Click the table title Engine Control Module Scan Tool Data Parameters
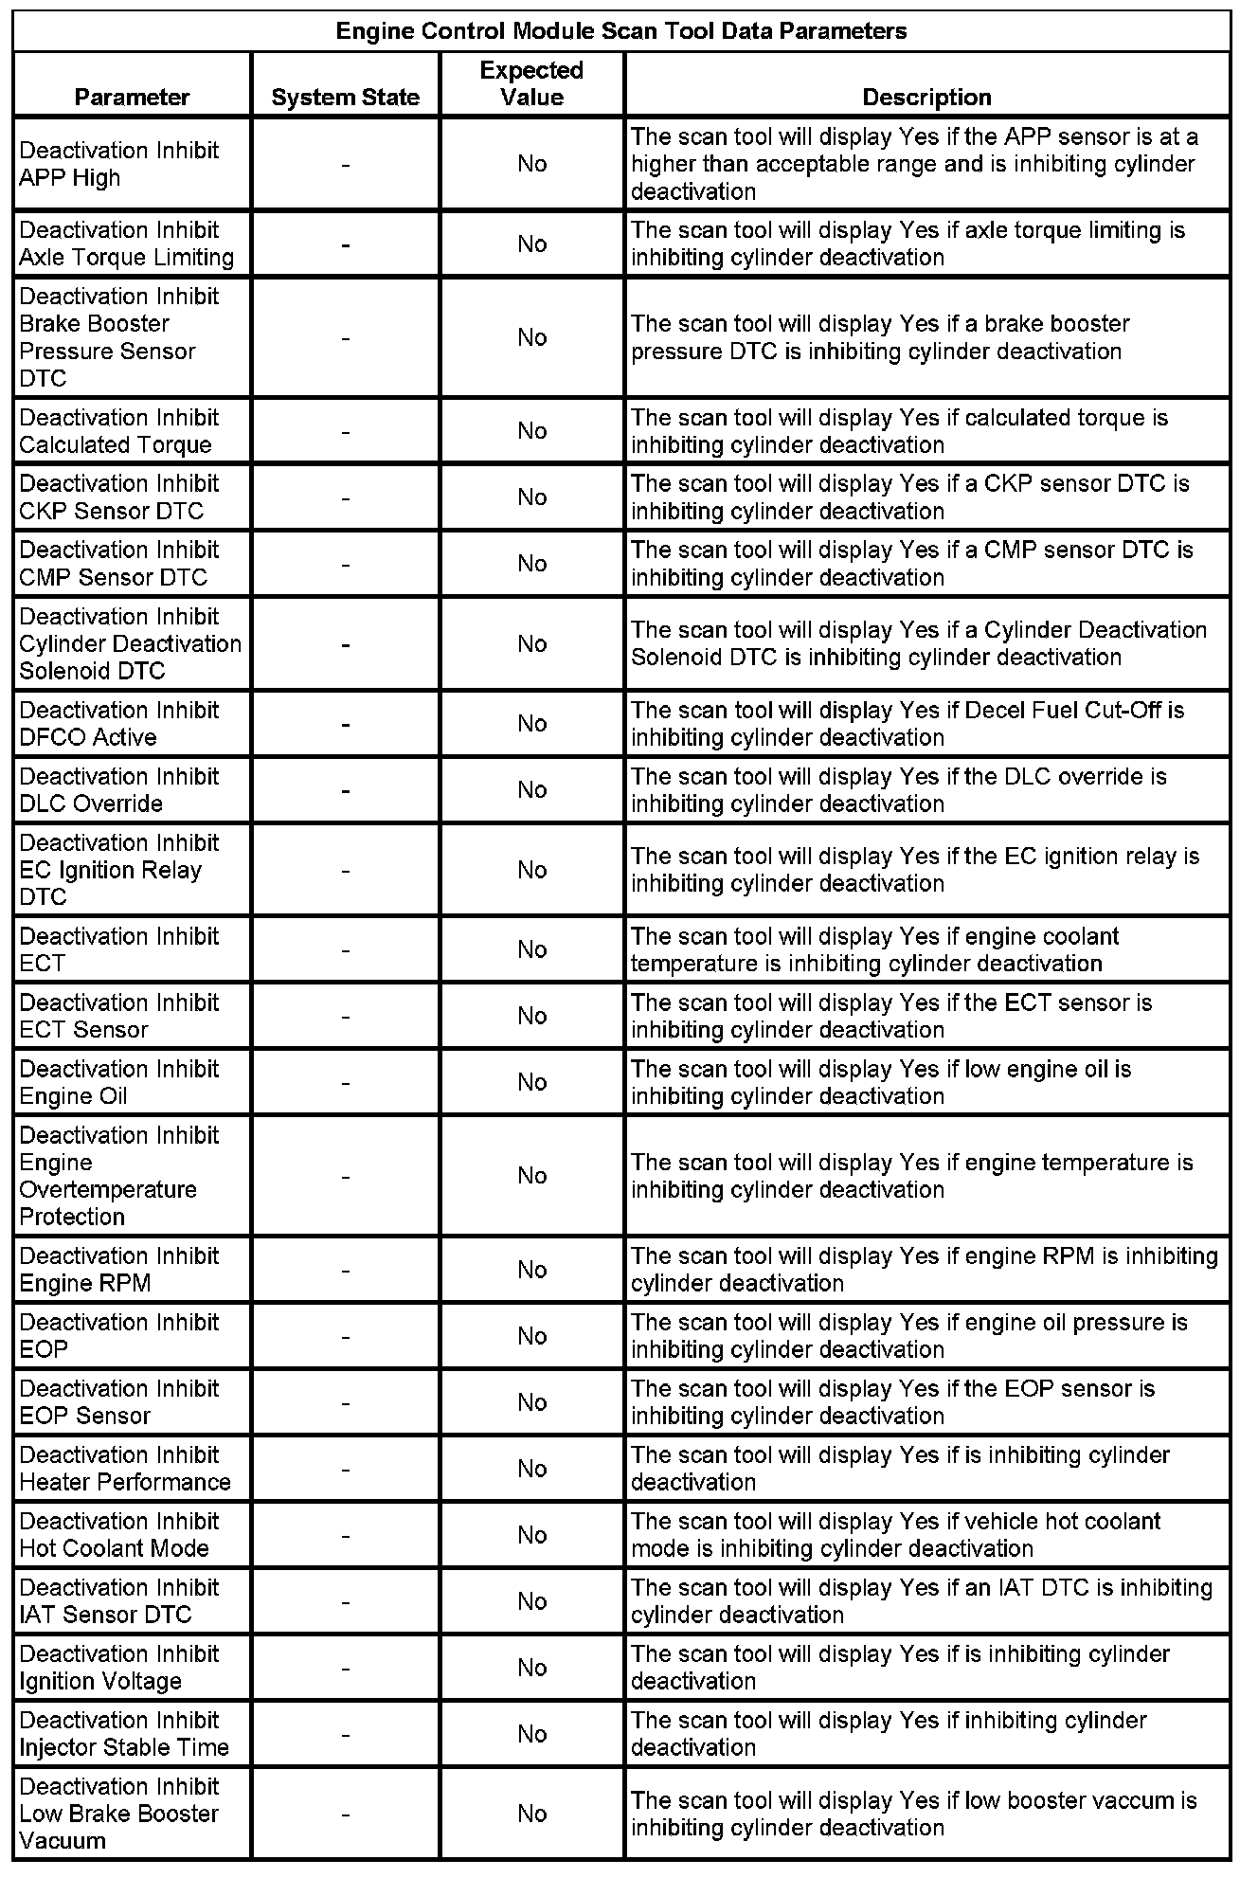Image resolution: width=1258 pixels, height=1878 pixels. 621,31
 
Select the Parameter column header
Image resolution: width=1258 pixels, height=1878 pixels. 132,97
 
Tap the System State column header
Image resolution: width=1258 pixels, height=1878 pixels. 345,97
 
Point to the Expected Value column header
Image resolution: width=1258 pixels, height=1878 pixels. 531,83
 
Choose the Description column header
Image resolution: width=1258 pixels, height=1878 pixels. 926,97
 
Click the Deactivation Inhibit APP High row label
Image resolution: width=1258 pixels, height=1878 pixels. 118,164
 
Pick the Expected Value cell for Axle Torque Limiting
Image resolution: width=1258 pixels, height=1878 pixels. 531,244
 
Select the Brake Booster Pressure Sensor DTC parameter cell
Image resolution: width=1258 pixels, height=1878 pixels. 118,337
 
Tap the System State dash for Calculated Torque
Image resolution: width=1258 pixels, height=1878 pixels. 346,431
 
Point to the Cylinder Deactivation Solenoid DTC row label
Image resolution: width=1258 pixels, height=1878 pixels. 130,643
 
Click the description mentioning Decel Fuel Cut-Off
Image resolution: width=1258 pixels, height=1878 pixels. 908,724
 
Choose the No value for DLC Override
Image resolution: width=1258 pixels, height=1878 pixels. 531,790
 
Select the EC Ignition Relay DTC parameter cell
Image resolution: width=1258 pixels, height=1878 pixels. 118,870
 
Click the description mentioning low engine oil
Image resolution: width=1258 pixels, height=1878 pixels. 881,1082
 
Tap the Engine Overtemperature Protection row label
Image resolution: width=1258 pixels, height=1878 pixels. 118,1176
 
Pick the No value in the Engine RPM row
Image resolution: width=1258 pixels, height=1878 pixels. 531,1270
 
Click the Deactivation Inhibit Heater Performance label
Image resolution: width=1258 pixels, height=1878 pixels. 124,1469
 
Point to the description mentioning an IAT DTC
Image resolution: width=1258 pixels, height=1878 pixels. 921,1601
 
